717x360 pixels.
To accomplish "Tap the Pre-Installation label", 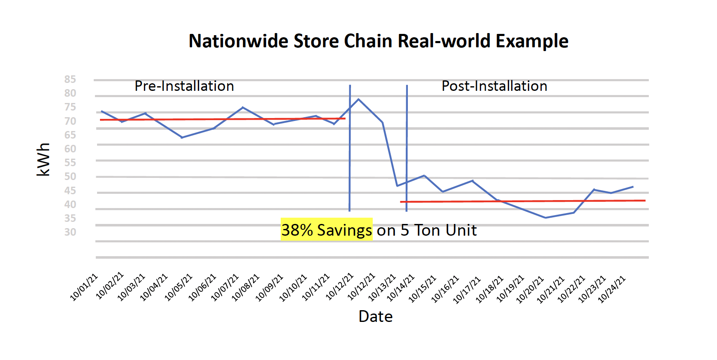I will click(184, 86).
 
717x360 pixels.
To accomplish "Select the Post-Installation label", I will click(494, 86).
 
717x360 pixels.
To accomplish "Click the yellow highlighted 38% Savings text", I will click(326, 230).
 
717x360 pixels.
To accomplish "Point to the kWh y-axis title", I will click(43, 159).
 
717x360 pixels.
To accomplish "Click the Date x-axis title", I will click(375, 316).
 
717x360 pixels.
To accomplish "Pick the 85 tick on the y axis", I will click(70, 80).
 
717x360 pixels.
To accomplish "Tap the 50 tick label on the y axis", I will click(70, 177).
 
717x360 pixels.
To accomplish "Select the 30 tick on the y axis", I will click(70, 232).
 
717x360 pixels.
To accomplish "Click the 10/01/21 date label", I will click(84, 287).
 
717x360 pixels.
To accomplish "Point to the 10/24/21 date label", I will click(612, 289).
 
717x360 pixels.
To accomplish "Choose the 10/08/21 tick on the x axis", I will click(246, 288).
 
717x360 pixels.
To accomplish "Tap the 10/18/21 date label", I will click(489, 289).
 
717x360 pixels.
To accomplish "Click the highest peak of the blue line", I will click(358, 99).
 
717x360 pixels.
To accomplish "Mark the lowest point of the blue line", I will click(545, 218).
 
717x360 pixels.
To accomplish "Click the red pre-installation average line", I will click(222, 119).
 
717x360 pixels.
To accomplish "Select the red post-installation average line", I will click(523, 201).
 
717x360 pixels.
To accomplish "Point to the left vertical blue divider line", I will click(350, 167).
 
